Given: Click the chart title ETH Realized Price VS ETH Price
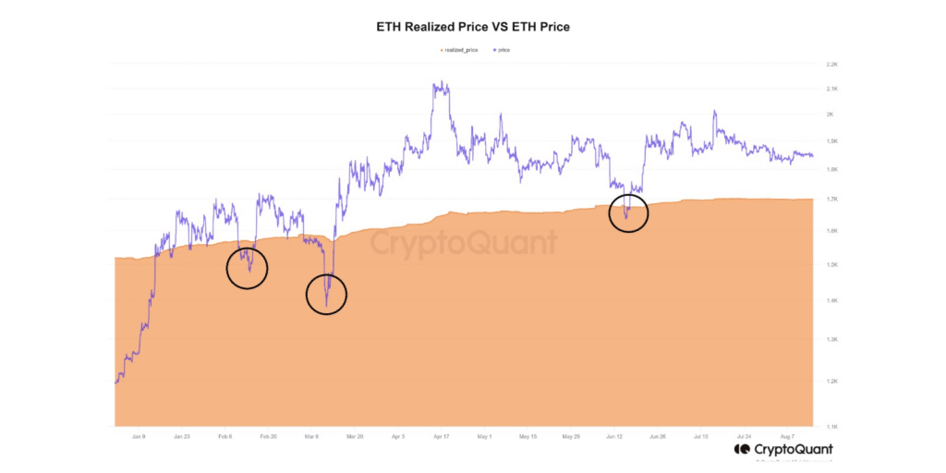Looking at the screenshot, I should pos(473,27).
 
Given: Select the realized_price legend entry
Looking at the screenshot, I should pos(459,49).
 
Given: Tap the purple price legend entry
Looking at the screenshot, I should pos(500,49).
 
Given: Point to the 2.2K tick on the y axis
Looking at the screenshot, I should pos(831,65).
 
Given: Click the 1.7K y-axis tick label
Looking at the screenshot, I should pos(831,199).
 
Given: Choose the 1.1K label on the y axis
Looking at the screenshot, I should pos(831,426).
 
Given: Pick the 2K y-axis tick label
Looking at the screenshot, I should pos(831,115).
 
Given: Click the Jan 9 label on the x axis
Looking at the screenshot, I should pos(138,436).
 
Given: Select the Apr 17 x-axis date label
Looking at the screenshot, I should pos(441,436).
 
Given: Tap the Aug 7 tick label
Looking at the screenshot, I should pos(787,436).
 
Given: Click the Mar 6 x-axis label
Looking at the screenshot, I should pos(310,436).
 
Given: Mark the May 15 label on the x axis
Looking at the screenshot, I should pos(528,436).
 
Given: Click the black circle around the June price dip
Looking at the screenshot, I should pos(628,213).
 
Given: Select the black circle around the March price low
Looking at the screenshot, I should pos(326,295).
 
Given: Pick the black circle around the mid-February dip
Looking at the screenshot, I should pos(247,269).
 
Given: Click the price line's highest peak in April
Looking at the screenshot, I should pos(441,82).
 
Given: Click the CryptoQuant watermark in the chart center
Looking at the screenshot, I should pos(465,243).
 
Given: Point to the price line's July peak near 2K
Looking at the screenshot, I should pos(714,112).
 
